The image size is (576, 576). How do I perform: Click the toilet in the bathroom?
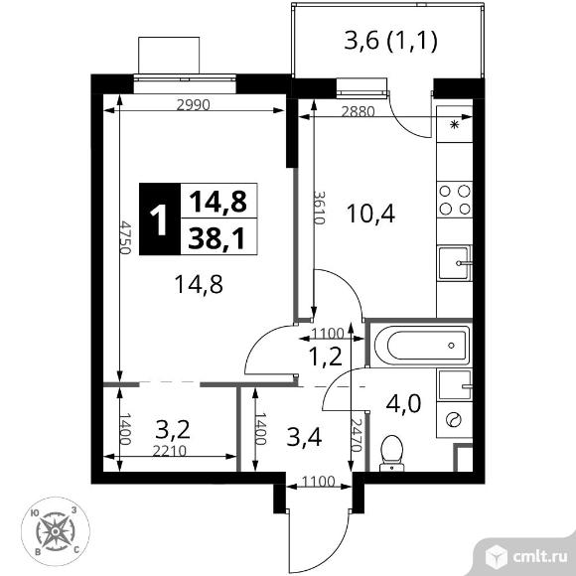[392, 453]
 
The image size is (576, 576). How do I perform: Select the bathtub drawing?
[422, 346]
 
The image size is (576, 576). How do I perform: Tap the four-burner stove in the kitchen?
[455, 200]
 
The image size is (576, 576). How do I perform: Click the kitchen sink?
[455, 263]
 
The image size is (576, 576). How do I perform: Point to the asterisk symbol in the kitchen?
[455, 124]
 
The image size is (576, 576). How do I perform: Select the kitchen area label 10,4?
[370, 214]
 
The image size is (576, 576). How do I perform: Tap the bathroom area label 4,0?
[403, 403]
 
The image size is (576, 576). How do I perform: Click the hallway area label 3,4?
[304, 437]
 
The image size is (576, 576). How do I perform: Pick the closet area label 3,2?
[173, 430]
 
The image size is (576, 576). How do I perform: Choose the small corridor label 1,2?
[326, 357]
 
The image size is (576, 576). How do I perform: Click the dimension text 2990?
[194, 105]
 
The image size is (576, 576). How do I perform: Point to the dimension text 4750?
[126, 237]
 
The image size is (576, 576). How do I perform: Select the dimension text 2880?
[359, 111]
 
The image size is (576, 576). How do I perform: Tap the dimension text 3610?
[320, 208]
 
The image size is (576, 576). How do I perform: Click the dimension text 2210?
[170, 451]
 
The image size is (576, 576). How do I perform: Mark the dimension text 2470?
[357, 435]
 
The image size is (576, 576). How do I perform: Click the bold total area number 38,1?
[216, 238]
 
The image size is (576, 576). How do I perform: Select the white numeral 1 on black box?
[160, 219]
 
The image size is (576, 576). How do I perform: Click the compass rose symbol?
[56, 531]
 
